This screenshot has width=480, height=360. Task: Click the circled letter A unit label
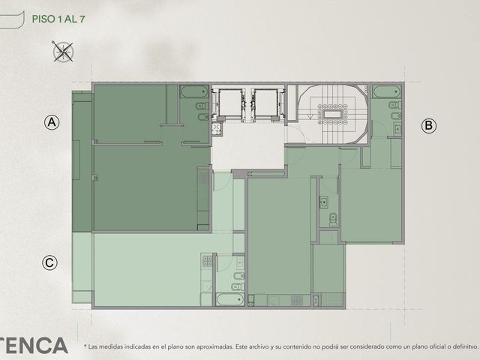(x=52, y=122)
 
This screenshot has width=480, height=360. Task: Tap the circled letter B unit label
(x=428, y=125)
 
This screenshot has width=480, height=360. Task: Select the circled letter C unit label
(x=49, y=263)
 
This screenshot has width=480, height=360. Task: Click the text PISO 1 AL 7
(x=58, y=19)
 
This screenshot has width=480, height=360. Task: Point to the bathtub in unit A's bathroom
(x=194, y=91)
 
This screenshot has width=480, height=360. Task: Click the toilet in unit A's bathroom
(x=202, y=106)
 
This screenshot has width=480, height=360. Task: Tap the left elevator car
(x=230, y=103)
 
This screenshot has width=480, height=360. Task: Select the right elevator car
(x=266, y=103)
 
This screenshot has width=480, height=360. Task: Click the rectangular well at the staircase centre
(x=332, y=114)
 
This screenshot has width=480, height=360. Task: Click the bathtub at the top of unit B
(x=386, y=91)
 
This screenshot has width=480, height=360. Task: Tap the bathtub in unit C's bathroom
(x=230, y=299)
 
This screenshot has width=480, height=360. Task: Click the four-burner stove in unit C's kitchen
(x=207, y=261)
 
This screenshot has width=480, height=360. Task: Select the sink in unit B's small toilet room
(x=324, y=202)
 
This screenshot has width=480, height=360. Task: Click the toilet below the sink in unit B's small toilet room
(x=333, y=219)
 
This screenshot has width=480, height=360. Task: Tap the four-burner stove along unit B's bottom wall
(x=297, y=300)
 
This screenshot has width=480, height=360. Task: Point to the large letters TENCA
(x=33, y=345)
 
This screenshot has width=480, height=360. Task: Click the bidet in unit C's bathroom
(x=238, y=276)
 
